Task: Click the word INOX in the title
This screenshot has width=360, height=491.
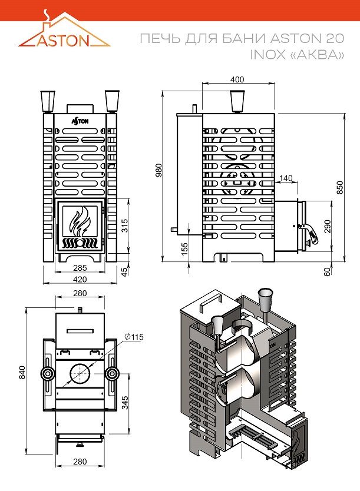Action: (267, 55)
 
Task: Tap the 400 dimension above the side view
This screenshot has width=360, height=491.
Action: (237, 80)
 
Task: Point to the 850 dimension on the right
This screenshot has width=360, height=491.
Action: (339, 187)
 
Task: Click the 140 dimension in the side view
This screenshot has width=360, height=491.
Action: (286, 178)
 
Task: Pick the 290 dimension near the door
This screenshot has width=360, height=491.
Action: (328, 226)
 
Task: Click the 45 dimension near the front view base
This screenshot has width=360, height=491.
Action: (124, 271)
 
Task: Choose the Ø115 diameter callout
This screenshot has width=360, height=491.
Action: (134, 337)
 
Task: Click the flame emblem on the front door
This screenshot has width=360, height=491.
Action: (80, 221)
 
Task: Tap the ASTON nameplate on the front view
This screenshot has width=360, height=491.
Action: (80, 120)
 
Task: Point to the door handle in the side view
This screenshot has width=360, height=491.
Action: (311, 234)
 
